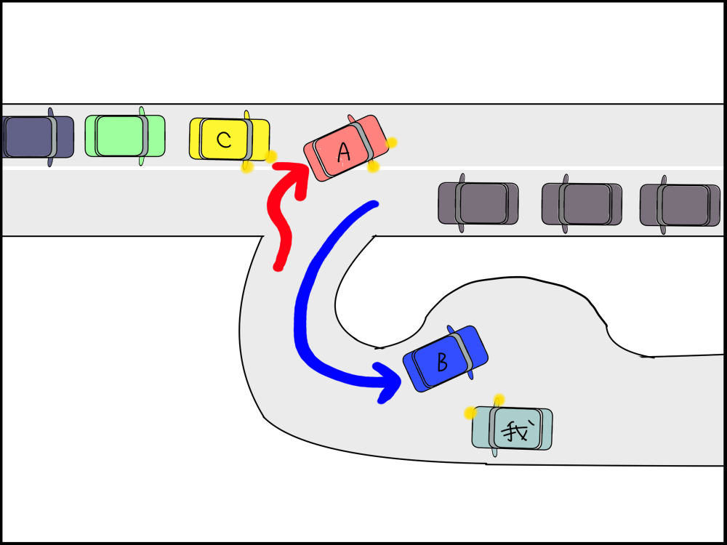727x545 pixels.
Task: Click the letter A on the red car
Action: coord(345,151)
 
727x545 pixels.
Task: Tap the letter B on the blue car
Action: coord(441,359)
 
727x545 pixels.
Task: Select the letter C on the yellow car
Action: coord(224,140)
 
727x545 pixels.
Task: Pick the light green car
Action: coord(124,136)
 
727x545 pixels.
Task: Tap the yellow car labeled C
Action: coord(229,140)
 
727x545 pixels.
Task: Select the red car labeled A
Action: coord(348,148)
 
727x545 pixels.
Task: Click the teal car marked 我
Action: coord(513,429)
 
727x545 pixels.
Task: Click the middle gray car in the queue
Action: coord(581,203)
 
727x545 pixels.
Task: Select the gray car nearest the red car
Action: coord(478,203)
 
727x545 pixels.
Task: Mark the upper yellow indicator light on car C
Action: coord(270,156)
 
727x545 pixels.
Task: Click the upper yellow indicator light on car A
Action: coord(391,142)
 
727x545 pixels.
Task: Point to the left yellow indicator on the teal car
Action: coord(470,413)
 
